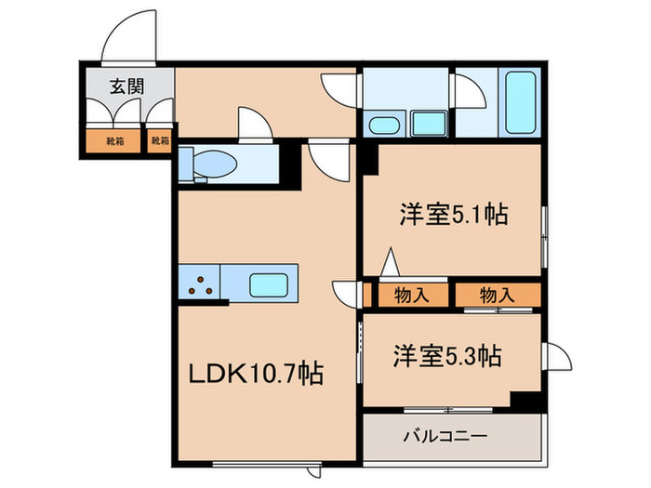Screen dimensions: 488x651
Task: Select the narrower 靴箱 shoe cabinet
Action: click(161, 142)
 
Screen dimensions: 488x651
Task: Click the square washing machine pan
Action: click(427, 122)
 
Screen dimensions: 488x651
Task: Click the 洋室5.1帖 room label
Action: click(453, 215)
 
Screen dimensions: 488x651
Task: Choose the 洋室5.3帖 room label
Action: click(447, 355)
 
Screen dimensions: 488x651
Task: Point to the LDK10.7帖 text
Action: click(258, 375)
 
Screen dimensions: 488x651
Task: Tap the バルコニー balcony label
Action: click(445, 435)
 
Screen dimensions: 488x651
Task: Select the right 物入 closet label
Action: click(496, 296)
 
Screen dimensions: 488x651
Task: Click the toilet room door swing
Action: click(254, 124)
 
